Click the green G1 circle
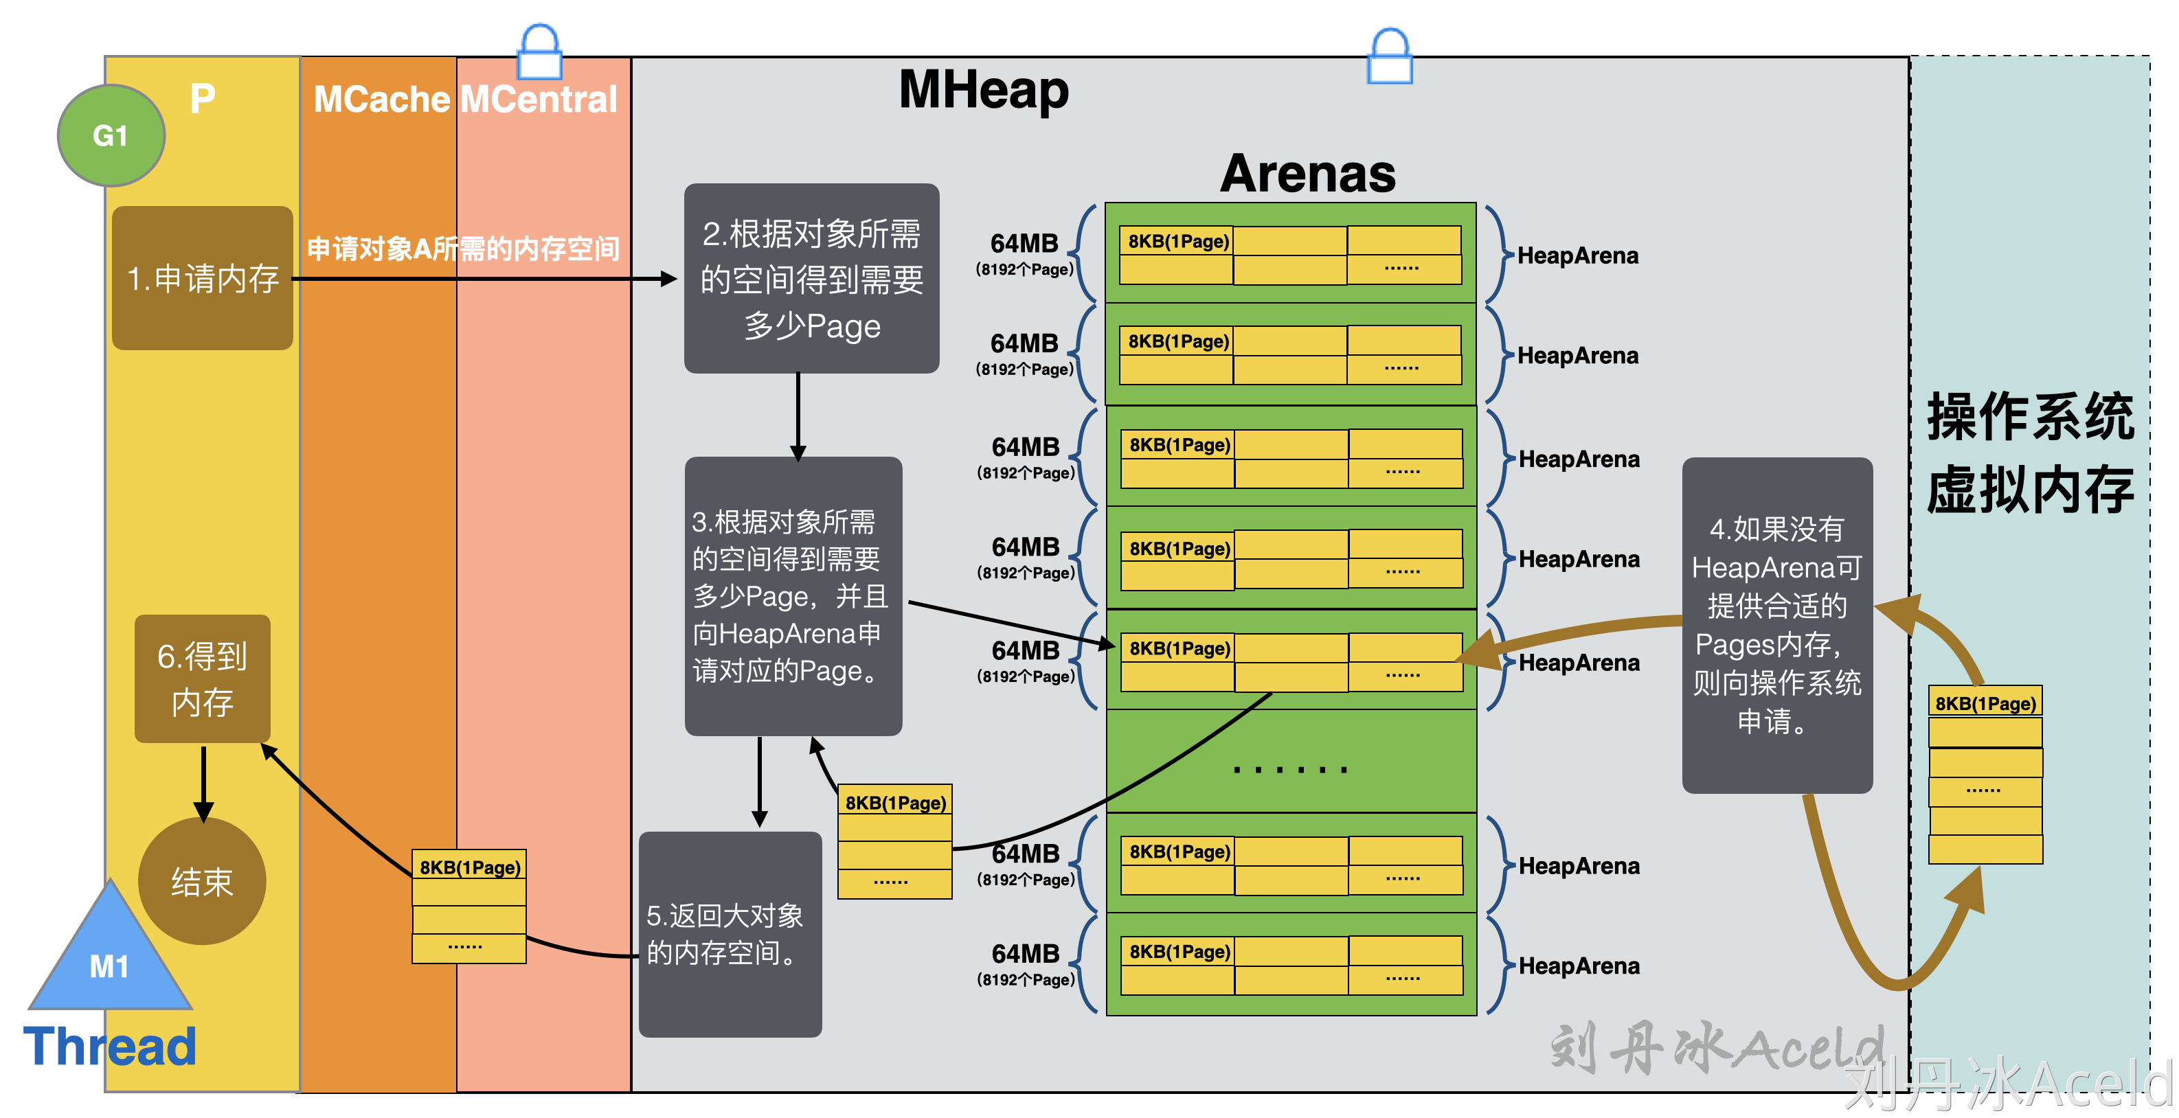[111, 135]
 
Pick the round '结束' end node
[202, 881]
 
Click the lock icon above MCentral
[540, 52]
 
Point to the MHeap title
[983, 90]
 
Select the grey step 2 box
[811, 278]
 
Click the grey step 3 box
[793, 595]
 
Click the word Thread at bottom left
[110, 1047]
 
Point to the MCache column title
[381, 100]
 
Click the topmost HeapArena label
[1577, 255]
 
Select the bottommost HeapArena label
[1579, 966]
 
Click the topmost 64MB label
[1024, 244]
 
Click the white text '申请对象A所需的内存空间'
[463, 249]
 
